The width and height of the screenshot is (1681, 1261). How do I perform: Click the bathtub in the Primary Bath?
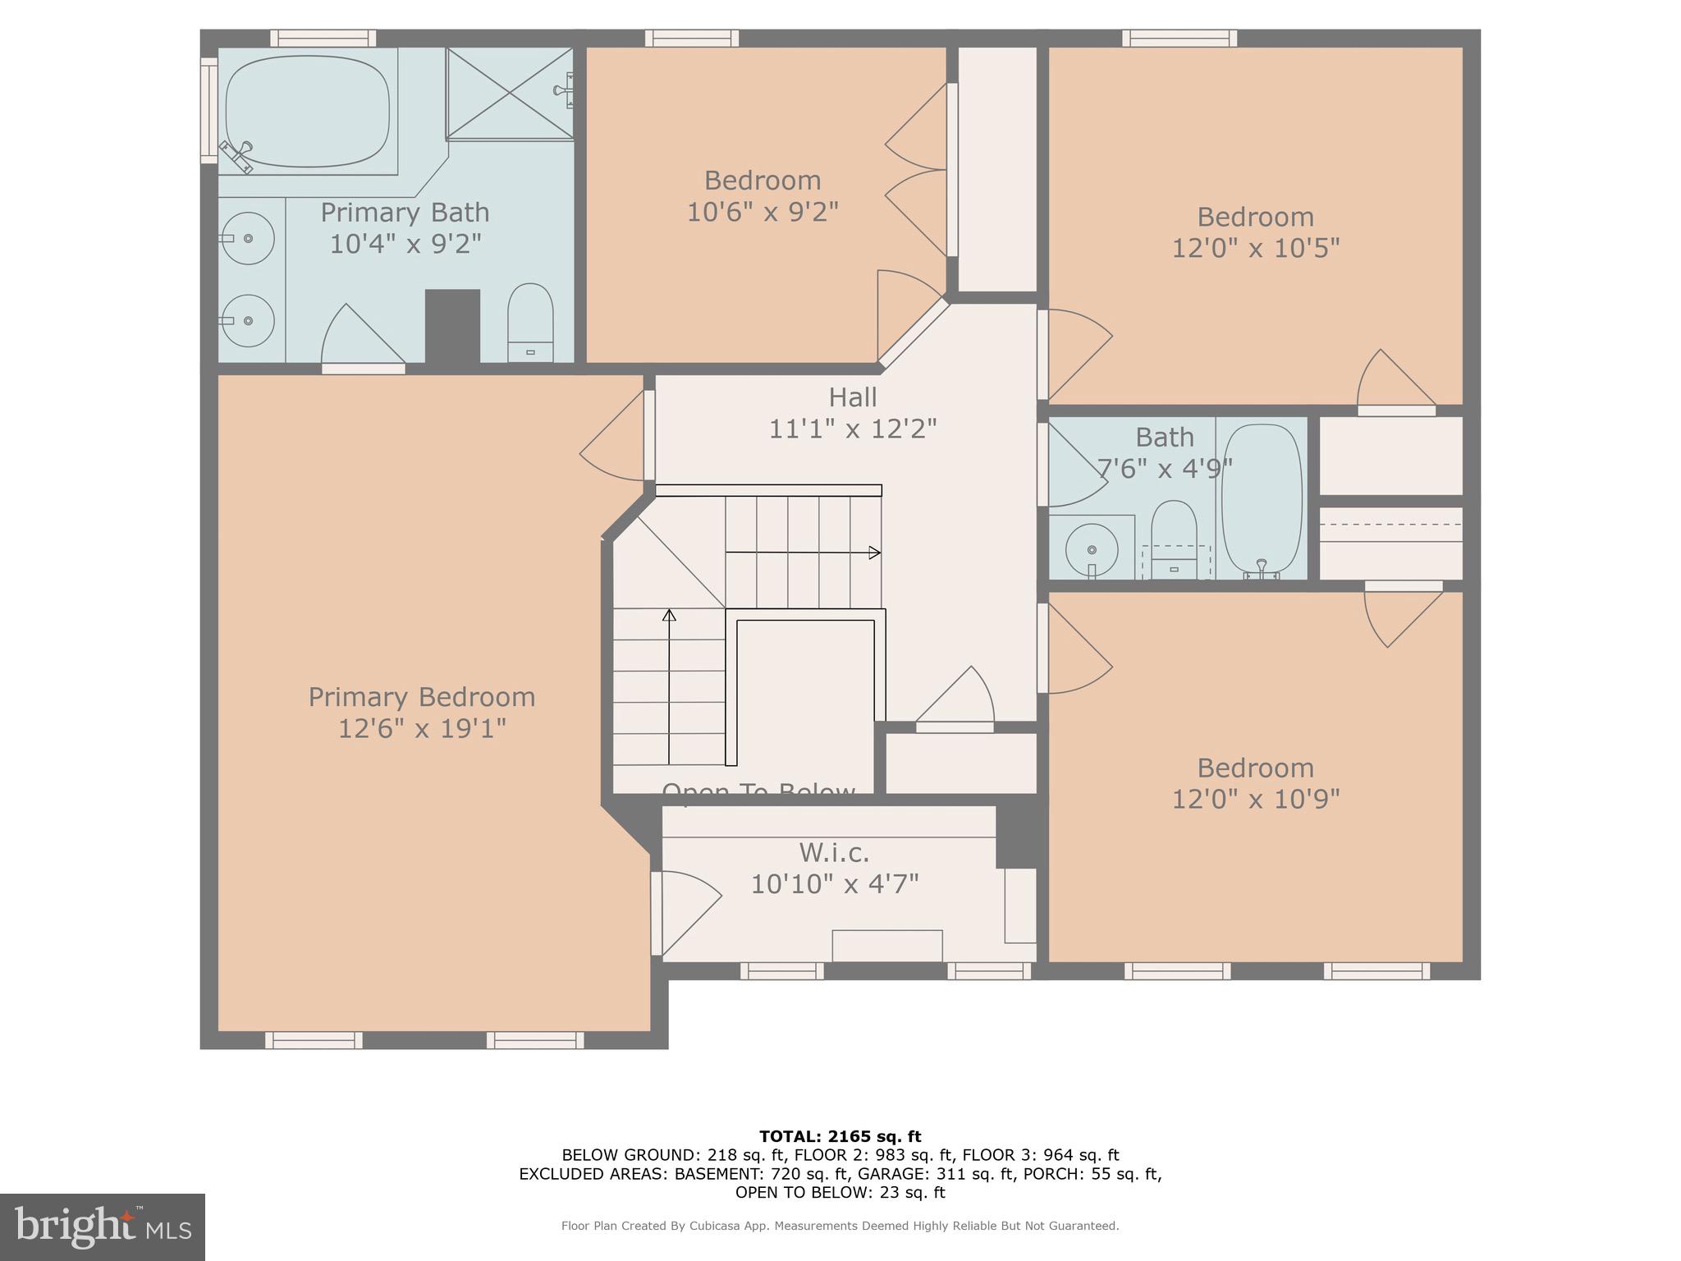pyautogui.click(x=307, y=112)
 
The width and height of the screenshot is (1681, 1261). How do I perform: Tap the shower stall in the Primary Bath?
pyautogui.click(x=509, y=93)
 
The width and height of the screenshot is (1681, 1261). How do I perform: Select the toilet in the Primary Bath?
pyautogui.click(x=530, y=320)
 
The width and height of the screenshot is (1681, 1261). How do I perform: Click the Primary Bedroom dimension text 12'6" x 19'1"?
pyautogui.click(x=422, y=728)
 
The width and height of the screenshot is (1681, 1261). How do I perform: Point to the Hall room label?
pyautogui.click(x=852, y=397)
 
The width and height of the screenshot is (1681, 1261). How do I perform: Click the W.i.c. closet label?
pyautogui.click(x=834, y=853)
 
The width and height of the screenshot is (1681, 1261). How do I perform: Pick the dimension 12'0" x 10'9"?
pyautogui.click(x=1255, y=799)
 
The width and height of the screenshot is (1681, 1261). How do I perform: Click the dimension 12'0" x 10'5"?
pyautogui.click(x=1255, y=248)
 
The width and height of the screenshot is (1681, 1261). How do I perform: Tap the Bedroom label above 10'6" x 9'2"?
pyautogui.click(x=762, y=181)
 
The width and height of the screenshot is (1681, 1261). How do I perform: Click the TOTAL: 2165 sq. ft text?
pyautogui.click(x=840, y=1137)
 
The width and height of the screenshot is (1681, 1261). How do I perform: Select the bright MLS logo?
pyautogui.click(x=103, y=1227)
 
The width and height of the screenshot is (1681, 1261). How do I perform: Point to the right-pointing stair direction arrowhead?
pyautogui.click(x=875, y=553)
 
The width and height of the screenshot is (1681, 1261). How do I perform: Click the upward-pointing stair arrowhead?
pyautogui.click(x=669, y=615)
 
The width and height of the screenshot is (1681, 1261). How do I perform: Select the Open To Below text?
pyautogui.click(x=758, y=790)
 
